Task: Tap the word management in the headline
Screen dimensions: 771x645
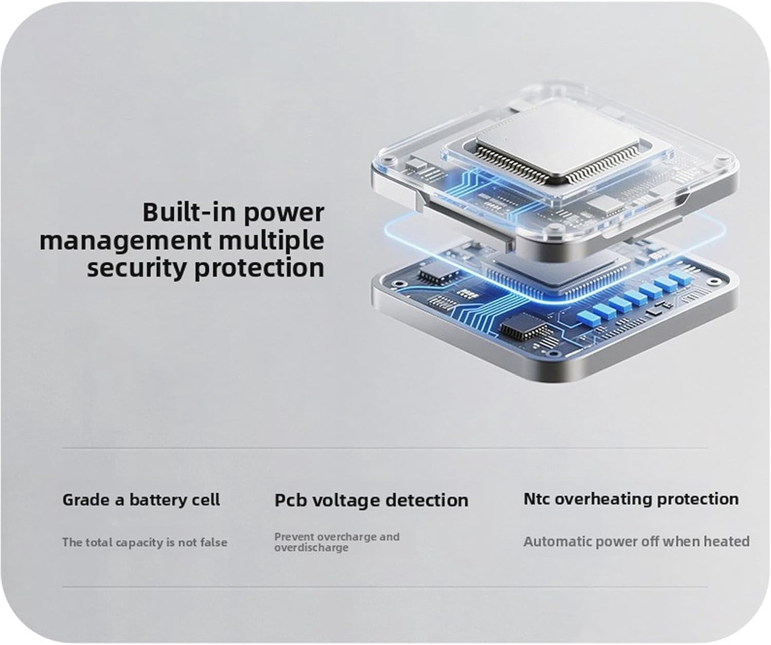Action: tap(125, 242)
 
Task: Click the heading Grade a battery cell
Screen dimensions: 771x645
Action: tap(141, 500)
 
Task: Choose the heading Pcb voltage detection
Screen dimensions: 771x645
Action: tap(371, 501)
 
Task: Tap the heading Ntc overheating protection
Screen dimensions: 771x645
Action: tap(631, 500)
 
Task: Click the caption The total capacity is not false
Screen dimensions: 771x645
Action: tap(144, 542)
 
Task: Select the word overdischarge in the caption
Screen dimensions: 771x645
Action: tap(311, 547)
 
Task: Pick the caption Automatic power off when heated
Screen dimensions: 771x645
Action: tap(637, 542)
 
